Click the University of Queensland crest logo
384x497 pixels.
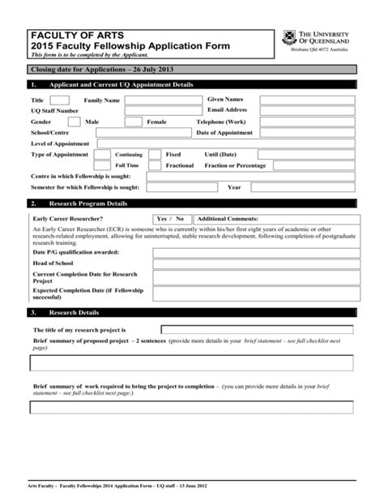coord(288,37)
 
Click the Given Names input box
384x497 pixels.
coord(306,99)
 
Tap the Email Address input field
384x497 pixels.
coord(306,110)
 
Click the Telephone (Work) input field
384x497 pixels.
coord(306,122)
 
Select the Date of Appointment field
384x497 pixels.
coord(306,133)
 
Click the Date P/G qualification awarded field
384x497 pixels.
coord(254,252)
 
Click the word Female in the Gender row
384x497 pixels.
coord(156,122)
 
